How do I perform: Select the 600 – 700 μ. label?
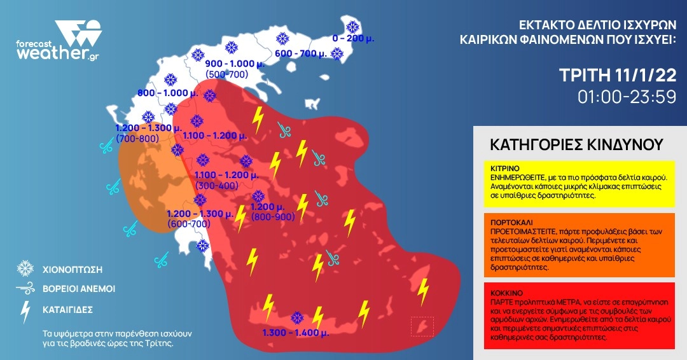click(x=301, y=53)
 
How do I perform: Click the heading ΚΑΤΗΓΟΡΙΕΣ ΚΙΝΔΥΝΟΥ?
click(x=576, y=144)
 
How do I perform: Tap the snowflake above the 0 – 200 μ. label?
click(x=351, y=27)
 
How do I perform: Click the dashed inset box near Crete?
click(x=422, y=326)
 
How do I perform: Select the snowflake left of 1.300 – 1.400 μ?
click(x=296, y=317)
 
